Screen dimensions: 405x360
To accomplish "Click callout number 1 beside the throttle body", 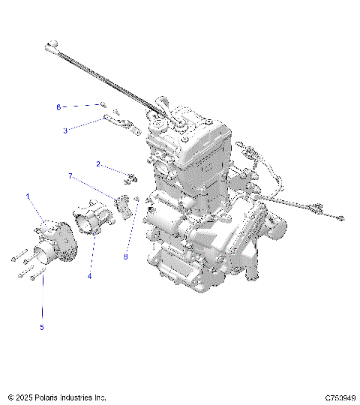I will point(29,197).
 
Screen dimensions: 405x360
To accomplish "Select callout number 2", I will point(97,163).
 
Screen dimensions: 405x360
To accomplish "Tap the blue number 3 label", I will point(65,130).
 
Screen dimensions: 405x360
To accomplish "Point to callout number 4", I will point(89,276).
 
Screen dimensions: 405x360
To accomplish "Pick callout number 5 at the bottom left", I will point(42,327).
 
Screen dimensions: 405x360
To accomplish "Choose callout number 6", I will point(58,107).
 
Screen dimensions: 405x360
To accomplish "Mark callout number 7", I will point(70,177).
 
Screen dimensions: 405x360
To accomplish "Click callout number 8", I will point(126,256).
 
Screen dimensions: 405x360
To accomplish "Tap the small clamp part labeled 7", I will point(123,203).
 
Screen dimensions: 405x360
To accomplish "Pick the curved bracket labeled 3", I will point(120,121).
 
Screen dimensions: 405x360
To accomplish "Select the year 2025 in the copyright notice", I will point(25,397).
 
